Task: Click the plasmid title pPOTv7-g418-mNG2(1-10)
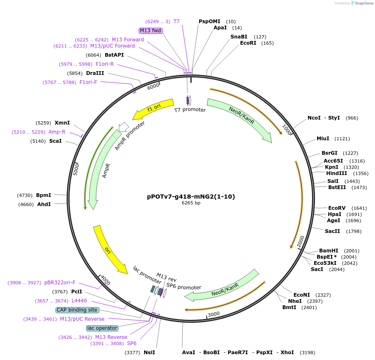pyautogui.click(x=191, y=197)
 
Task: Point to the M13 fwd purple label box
pyautogui.click(x=150, y=31)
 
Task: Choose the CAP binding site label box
pyautogui.click(x=77, y=310)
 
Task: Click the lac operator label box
pyautogui.click(x=102, y=328)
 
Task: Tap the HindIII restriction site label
pyautogui.click(x=336, y=173)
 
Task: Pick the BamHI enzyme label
pyautogui.click(x=329, y=251)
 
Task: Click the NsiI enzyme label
pyautogui.click(x=149, y=353)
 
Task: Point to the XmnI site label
pyautogui.click(x=62, y=123)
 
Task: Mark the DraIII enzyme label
pyautogui.click(x=95, y=73)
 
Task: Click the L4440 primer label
pyautogui.click(x=79, y=301)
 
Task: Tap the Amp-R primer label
pyautogui.click(x=57, y=132)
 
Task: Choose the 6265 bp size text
pyautogui.click(x=191, y=203)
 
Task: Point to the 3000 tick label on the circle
pyautogui.click(x=214, y=314)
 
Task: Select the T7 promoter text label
pyautogui.click(x=190, y=110)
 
